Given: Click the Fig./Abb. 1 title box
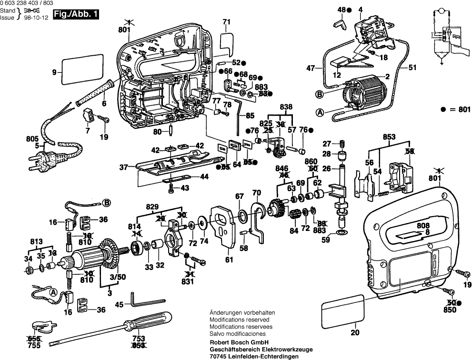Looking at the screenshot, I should (77, 15).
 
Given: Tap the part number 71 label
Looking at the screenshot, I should (226, 21).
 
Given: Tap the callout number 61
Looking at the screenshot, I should (230, 259).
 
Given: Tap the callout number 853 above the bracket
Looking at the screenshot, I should (389, 137).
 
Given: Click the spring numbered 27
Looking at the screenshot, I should (341, 144).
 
